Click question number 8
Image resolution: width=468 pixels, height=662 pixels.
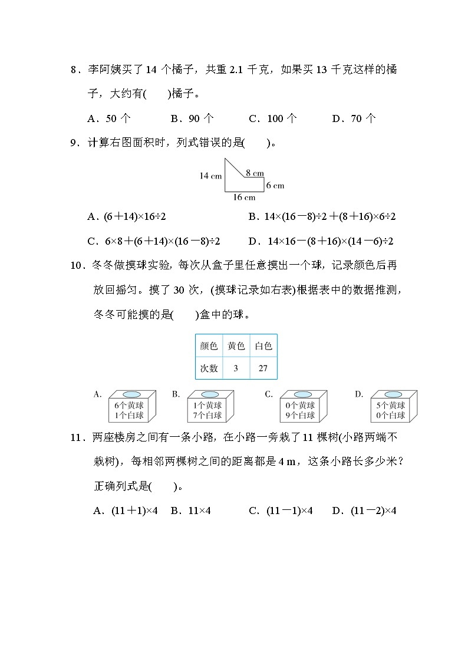[x=74, y=70]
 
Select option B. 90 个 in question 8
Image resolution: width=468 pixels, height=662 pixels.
[x=192, y=118]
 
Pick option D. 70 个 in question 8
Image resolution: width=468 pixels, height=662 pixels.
[x=354, y=118]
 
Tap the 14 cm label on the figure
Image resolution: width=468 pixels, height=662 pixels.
[x=210, y=176]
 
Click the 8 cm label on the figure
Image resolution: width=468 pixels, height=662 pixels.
[x=255, y=173]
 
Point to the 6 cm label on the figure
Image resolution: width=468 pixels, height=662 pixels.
[x=275, y=185]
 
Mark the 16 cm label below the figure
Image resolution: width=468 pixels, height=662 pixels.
[x=243, y=197]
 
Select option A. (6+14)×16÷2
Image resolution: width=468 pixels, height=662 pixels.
[x=127, y=217]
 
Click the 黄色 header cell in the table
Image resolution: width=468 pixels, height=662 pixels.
[x=236, y=346]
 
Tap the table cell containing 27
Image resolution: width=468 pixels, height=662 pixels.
[x=263, y=368]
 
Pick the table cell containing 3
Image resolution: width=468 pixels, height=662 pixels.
[x=236, y=368]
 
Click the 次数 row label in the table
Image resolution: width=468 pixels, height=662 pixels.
[x=209, y=368]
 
